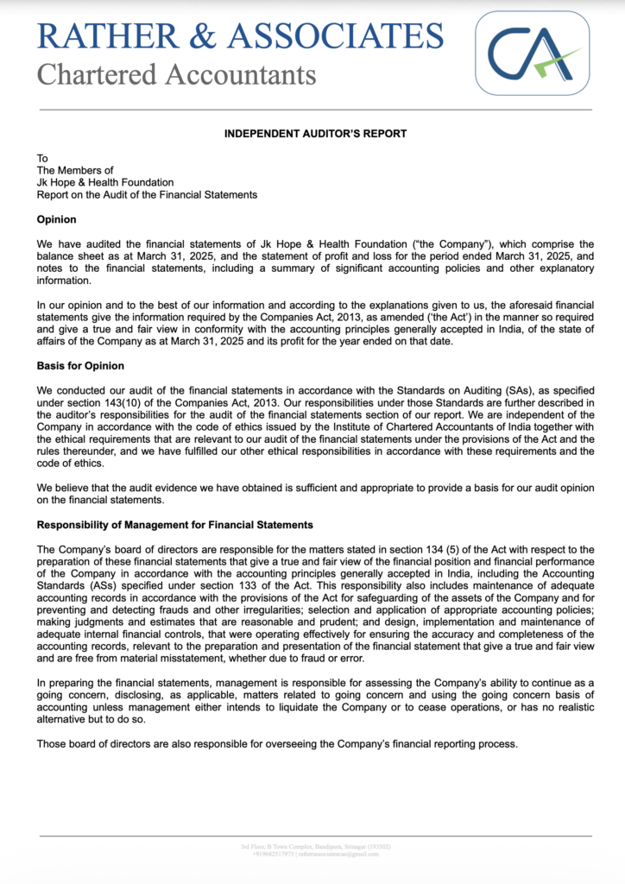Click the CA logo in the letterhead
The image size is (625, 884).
click(532, 53)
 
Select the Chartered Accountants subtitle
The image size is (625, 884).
click(176, 75)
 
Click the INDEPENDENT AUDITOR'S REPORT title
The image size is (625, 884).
click(315, 134)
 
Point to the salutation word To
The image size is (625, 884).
click(42, 158)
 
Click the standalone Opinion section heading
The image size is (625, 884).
click(56, 219)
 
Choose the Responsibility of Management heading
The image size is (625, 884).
click(174, 525)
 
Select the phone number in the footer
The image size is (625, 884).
click(268, 854)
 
